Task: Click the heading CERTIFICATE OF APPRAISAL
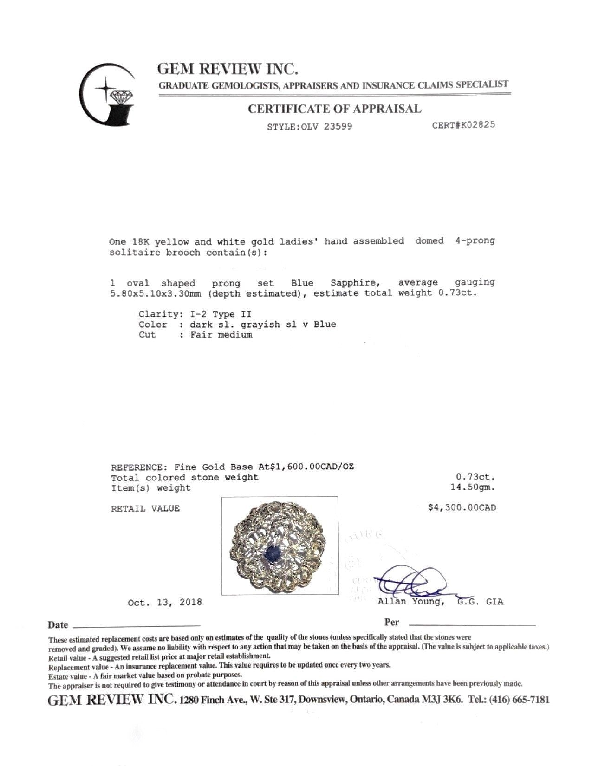point(334,109)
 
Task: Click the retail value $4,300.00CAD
point(462,507)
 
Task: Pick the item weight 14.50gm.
point(470,487)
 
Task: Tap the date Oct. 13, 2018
point(165,602)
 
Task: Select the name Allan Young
point(408,602)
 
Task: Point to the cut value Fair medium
point(221,335)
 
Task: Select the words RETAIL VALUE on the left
point(145,508)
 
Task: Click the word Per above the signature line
point(391,622)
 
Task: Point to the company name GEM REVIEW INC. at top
point(228,69)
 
